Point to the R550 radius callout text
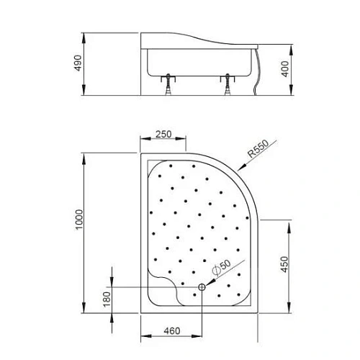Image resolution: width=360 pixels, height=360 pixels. click(256, 150)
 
